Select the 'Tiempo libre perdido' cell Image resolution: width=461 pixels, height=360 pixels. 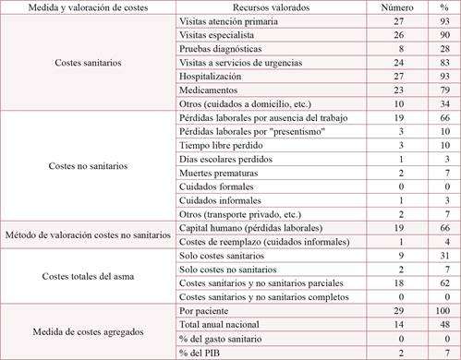(219, 145)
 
